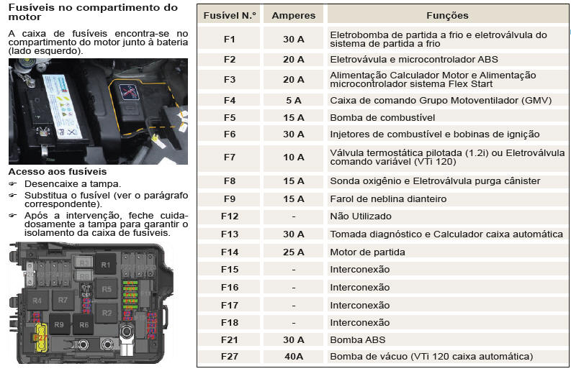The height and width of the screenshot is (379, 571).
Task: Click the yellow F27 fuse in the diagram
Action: pyautogui.click(x=41, y=338)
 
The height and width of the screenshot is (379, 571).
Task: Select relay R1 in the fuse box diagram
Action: pyautogui.click(x=105, y=265)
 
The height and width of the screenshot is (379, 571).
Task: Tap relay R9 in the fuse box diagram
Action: pyautogui.click(x=59, y=324)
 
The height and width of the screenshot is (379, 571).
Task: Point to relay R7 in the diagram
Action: pyautogui.click(x=63, y=300)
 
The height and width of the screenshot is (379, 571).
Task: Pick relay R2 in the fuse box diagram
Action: pyautogui.click(x=107, y=313)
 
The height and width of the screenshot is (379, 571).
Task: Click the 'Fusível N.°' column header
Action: pyautogui.click(x=230, y=15)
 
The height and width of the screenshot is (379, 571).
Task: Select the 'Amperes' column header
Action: pyautogui.click(x=294, y=15)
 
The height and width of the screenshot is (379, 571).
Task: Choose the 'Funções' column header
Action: pyautogui.click(x=448, y=15)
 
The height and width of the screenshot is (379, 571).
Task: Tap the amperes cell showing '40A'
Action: pyautogui.click(x=294, y=357)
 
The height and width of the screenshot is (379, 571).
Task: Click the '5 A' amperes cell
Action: pyautogui.click(x=294, y=101)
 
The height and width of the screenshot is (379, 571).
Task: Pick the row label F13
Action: pyautogui.click(x=230, y=234)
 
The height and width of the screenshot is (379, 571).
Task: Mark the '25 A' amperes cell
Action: pyautogui.click(x=294, y=252)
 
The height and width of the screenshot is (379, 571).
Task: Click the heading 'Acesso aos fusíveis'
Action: pyautogui.click(x=58, y=172)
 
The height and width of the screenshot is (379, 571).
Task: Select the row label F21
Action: pyautogui.click(x=230, y=339)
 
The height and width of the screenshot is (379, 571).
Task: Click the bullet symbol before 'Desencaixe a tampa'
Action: pyautogui.click(x=13, y=184)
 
